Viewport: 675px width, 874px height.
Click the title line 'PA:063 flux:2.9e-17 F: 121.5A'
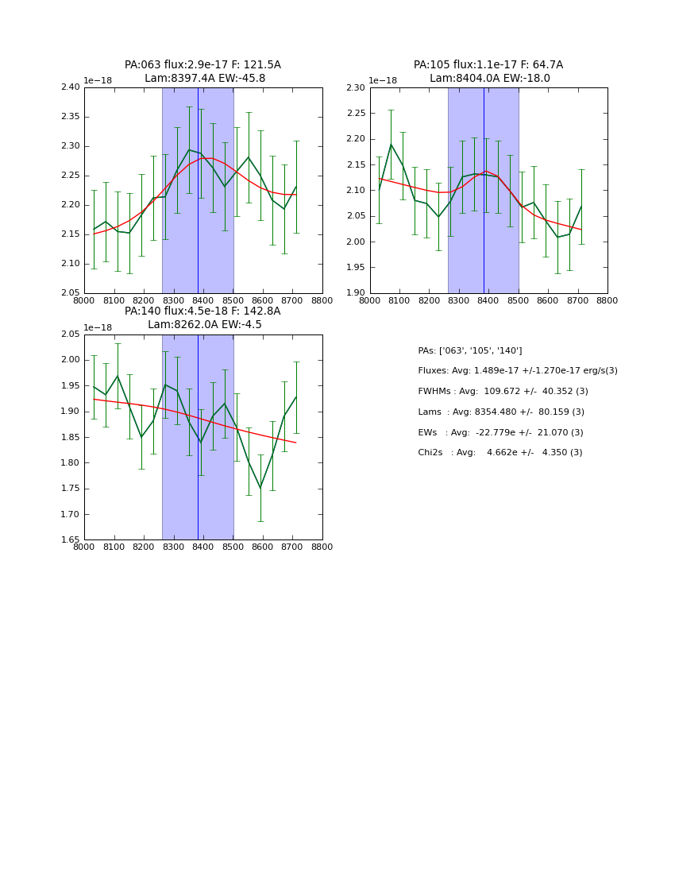click(202, 65)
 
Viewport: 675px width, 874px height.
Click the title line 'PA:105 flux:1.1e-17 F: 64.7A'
click(488, 65)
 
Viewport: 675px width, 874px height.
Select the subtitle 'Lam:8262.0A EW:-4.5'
click(204, 325)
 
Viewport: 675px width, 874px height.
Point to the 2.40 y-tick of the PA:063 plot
click(71, 87)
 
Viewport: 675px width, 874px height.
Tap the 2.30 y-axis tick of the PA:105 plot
click(357, 87)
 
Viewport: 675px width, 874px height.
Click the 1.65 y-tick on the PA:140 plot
click(71, 540)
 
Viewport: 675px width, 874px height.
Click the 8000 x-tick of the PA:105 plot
click(370, 301)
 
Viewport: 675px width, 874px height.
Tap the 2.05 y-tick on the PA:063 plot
click(71, 293)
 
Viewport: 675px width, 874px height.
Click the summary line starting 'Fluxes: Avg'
click(517, 371)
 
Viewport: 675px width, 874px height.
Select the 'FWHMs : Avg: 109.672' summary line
click(503, 392)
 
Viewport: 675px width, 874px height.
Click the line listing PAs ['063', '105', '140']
click(469, 350)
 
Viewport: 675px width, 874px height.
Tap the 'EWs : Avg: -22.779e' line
click(500, 432)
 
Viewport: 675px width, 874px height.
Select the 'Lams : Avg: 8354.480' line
click(501, 412)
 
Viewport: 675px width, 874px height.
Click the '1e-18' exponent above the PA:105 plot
click(383, 80)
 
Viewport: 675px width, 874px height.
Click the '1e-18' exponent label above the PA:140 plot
click(98, 327)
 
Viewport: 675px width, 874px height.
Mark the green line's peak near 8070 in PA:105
click(391, 144)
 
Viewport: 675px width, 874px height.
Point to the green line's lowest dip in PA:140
click(260, 488)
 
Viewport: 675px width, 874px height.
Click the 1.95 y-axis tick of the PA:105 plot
click(357, 268)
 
